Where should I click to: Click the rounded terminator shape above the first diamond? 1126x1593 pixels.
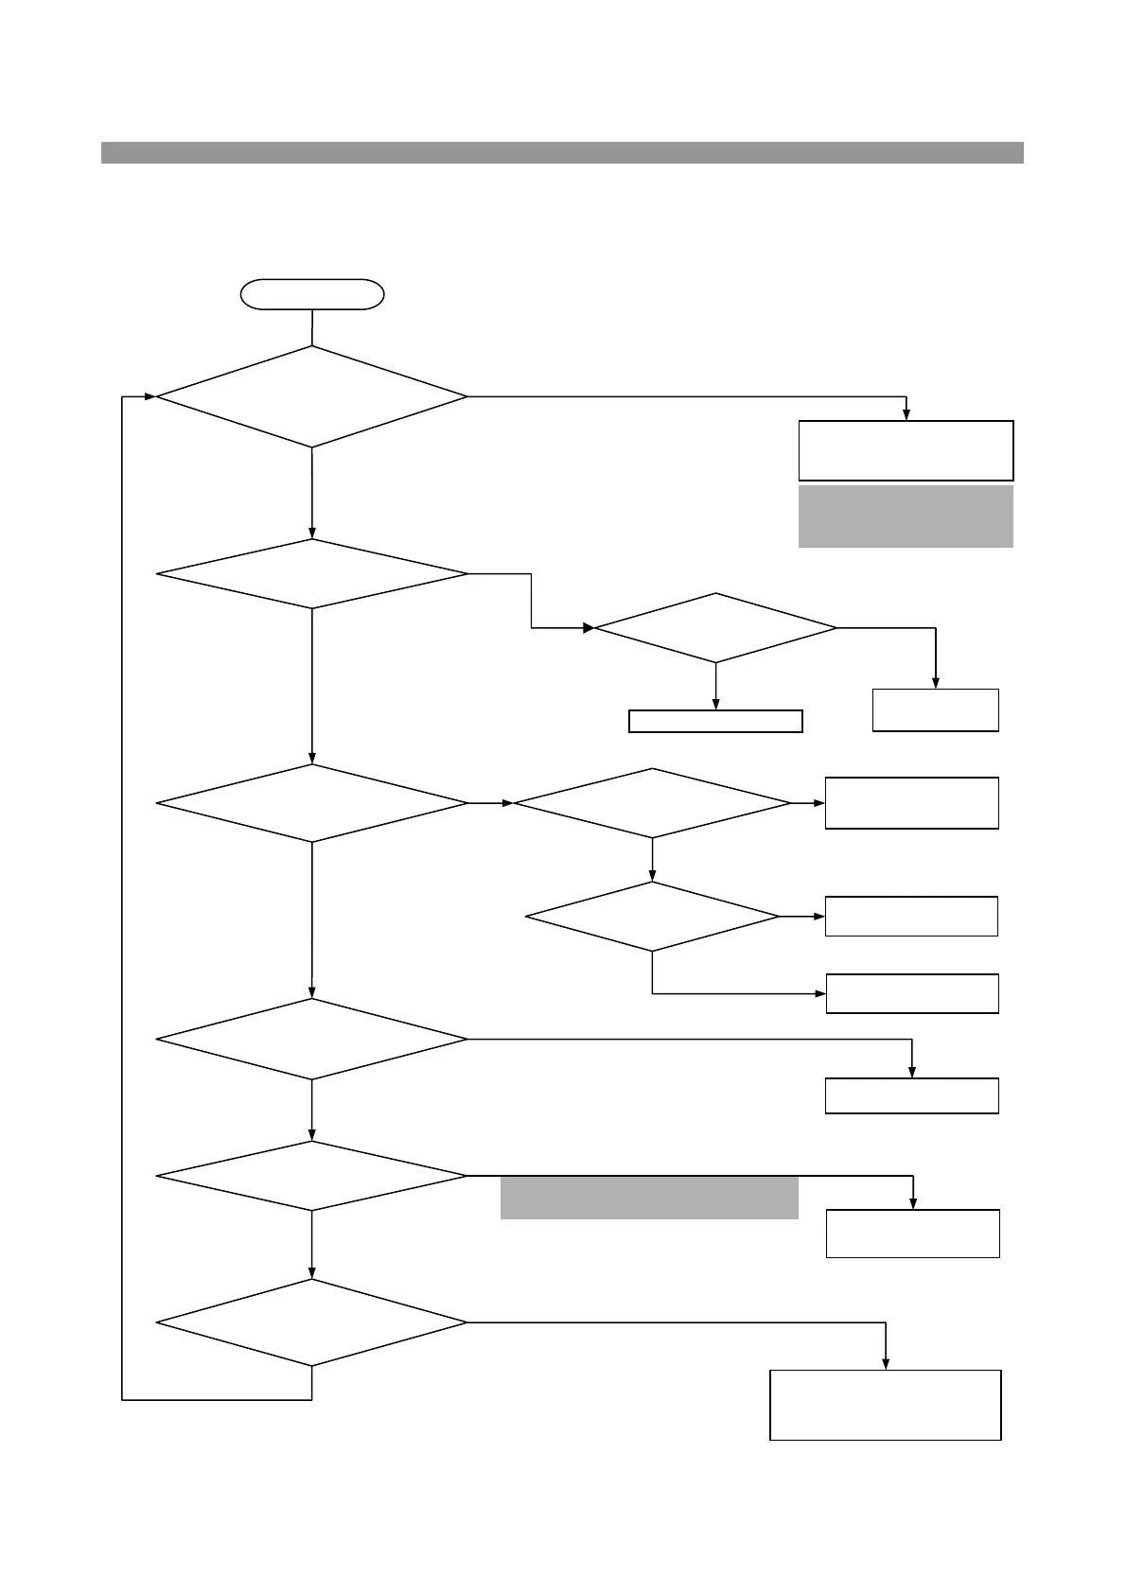click(x=312, y=294)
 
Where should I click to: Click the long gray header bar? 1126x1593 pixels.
click(x=562, y=152)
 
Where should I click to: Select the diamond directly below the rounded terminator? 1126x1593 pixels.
click(x=312, y=396)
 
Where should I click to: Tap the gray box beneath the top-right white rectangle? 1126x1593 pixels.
click(x=906, y=516)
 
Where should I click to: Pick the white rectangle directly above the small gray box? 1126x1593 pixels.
click(x=906, y=451)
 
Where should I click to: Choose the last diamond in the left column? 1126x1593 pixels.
click(x=312, y=1322)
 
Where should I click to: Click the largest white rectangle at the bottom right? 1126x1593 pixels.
click(x=886, y=1405)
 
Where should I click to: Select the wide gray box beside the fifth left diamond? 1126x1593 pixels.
click(x=649, y=1198)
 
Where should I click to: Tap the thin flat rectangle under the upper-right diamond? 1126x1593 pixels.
click(x=715, y=721)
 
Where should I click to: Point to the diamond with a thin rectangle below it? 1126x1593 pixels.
click(x=715, y=628)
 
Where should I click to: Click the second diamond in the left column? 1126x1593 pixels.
click(x=312, y=574)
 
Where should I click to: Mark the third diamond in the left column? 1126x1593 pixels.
click(x=312, y=803)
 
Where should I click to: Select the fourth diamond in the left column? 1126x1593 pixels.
click(x=312, y=1039)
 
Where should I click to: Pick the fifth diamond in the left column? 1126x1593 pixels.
click(x=312, y=1176)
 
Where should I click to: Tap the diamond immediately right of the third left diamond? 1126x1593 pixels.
click(x=652, y=803)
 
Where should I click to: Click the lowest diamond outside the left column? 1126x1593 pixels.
click(x=652, y=917)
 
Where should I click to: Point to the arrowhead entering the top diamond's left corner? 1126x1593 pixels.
click(x=150, y=396)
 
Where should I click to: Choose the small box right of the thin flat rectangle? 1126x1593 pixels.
click(x=935, y=709)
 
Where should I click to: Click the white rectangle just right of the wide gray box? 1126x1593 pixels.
click(x=912, y=1233)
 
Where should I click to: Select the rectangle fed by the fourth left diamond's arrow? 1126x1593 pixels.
click(x=912, y=1095)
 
